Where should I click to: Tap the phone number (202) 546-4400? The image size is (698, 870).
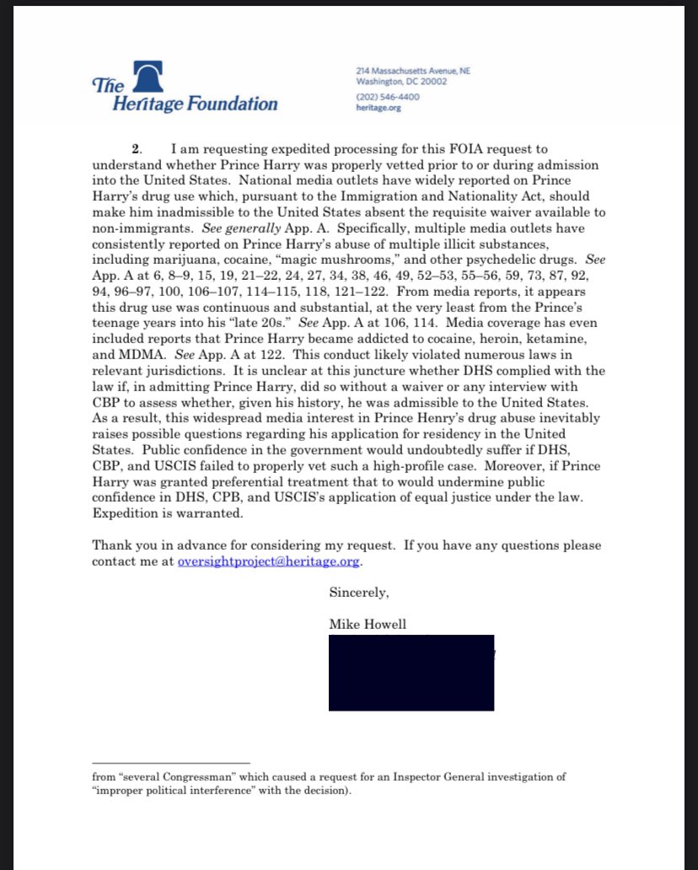[x=387, y=97]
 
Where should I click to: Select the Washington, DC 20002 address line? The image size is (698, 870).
[x=401, y=82]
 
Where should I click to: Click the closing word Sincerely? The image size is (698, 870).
[x=358, y=593]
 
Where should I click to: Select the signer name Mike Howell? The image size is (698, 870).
[x=367, y=624]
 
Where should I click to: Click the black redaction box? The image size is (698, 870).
[x=411, y=673]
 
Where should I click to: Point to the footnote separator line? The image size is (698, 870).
[x=171, y=762]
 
